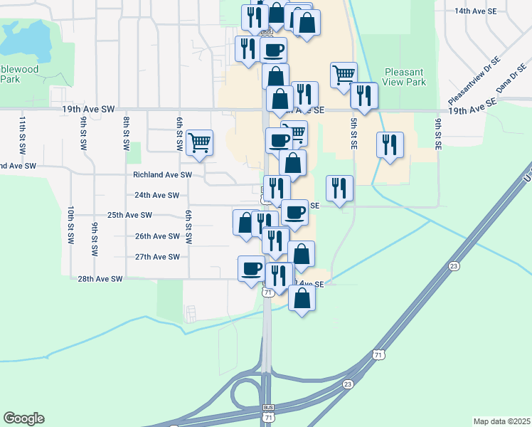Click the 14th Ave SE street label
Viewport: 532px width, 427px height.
pos(480,12)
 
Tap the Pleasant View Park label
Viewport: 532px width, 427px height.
pos(404,77)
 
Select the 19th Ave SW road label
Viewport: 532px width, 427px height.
pos(88,109)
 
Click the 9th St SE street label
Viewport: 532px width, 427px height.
pos(438,133)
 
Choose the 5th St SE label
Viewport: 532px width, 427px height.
pos(353,133)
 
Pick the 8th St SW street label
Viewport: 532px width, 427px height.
pos(126,133)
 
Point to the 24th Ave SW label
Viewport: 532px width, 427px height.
pos(156,195)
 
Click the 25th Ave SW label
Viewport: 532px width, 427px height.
pos(129,215)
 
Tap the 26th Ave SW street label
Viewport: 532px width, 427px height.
pos(157,236)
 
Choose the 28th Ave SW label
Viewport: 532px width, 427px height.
pos(100,279)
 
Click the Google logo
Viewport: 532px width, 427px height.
pos(23,418)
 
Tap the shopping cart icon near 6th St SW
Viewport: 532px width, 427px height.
pos(200,142)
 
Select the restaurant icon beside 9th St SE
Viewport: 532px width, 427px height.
pos(390,144)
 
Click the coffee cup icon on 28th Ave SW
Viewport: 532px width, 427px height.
pos(251,268)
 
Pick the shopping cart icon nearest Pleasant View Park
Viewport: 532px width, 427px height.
pos(344,74)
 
